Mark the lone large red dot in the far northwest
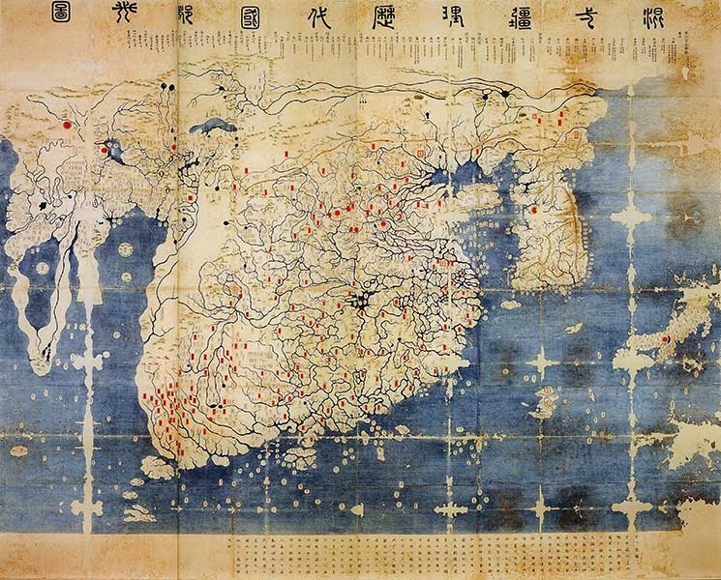66,124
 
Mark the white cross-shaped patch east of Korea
630,217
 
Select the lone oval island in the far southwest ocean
18,450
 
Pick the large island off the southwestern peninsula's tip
159,468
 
